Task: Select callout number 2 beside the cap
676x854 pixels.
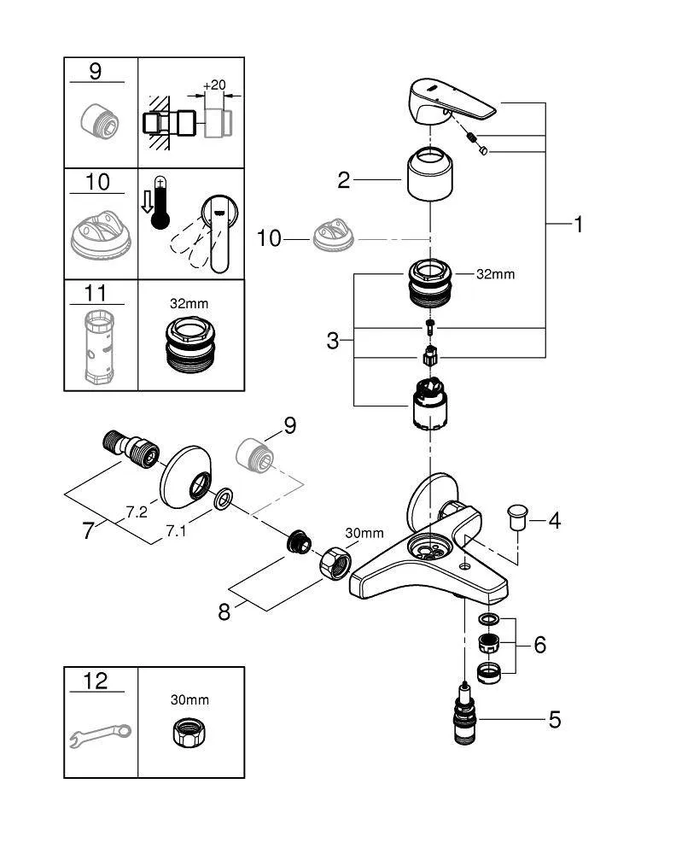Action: click(x=344, y=180)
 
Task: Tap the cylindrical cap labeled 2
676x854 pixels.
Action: click(x=430, y=174)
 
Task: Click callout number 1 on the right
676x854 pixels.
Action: click(x=578, y=225)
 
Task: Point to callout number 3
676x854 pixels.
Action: click(x=333, y=342)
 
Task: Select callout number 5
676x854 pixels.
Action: click(x=555, y=720)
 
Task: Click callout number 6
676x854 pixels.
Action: click(x=539, y=645)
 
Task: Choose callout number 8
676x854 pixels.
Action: click(x=224, y=612)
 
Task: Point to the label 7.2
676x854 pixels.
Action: click(x=137, y=512)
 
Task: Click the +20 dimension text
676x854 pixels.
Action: click(x=214, y=85)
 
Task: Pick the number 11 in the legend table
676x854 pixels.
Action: click(x=96, y=294)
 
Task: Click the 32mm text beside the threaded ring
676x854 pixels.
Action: click(x=497, y=274)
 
